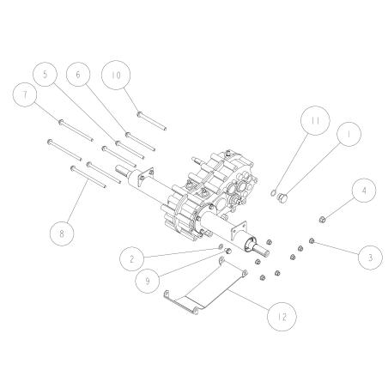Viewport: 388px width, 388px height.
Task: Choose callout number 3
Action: [x=370, y=256]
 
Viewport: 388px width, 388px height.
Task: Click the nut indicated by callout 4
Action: [x=321, y=219]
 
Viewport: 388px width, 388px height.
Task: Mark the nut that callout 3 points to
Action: [x=312, y=241]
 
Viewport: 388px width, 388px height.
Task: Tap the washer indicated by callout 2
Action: [x=221, y=247]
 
